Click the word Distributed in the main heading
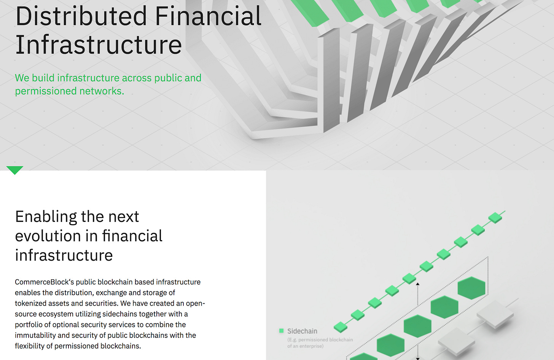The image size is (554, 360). pos(81,16)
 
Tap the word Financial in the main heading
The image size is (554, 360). pos(208,16)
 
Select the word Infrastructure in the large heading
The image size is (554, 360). pos(99,45)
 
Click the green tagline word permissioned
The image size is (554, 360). pos(46,91)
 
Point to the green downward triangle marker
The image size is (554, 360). pos(15,170)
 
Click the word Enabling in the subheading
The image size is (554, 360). pos(46,217)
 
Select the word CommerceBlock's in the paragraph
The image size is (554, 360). pos(44,282)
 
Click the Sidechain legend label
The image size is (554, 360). pos(302,331)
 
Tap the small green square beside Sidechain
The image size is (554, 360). pos(281,331)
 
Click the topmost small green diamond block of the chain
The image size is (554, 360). pos(495,218)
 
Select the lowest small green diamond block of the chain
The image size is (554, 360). pos(341,327)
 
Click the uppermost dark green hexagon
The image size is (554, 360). pos(471,288)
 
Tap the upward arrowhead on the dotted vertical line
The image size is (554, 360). pos(418,284)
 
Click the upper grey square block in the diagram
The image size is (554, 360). pos(495,314)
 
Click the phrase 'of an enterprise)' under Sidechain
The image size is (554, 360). pos(306,346)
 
